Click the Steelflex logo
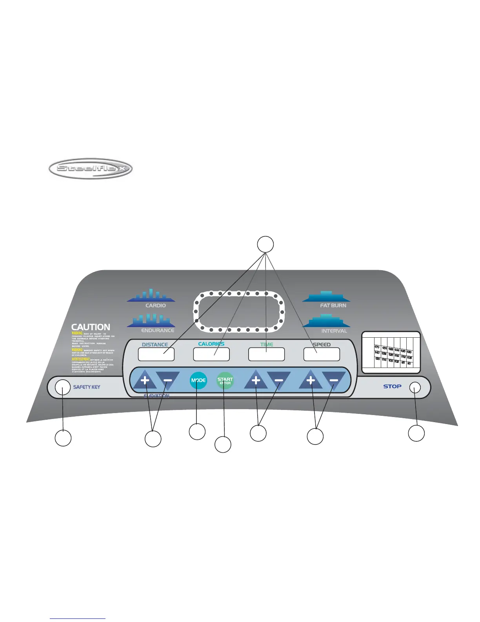point(91,169)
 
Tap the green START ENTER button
point(225,381)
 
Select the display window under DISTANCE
point(156,355)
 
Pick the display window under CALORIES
point(211,355)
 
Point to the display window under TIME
point(267,355)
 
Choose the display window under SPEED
point(322,355)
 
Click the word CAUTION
point(91,327)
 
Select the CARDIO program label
point(156,306)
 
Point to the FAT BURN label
point(333,306)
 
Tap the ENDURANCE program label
point(158,331)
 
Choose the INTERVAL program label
point(334,331)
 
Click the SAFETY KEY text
point(87,387)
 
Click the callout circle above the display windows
point(265,244)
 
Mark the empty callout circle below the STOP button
point(416,433)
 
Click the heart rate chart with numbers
point(391,352)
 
